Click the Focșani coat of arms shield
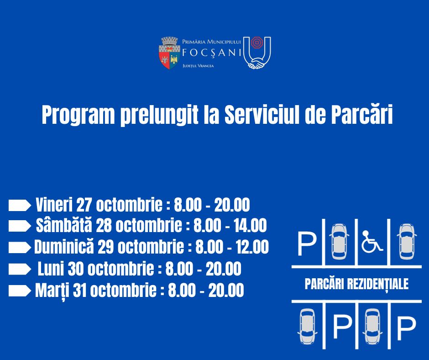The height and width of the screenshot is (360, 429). tap(169, 53)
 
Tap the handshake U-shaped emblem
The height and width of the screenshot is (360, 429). tap(257, 53)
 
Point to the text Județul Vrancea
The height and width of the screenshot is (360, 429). tap(198, 66)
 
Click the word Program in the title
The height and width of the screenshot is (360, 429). tap(78, 115)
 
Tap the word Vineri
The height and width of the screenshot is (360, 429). tap(54, 205)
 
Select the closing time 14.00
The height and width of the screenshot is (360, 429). tap(251, 226)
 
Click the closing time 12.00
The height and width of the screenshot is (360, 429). tap(252, 247)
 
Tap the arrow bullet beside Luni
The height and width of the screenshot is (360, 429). tap(20, 269)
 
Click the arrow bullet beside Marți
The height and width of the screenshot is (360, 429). tap(20, 291)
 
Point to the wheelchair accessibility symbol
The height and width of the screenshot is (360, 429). tap(372, 241)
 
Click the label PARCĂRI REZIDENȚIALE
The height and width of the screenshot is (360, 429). tap(356, 284)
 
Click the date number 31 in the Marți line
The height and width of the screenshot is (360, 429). tap(80, 291)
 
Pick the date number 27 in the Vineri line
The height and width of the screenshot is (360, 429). tap(84, 205)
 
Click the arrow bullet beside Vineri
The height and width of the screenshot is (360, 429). tap(20, 206)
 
